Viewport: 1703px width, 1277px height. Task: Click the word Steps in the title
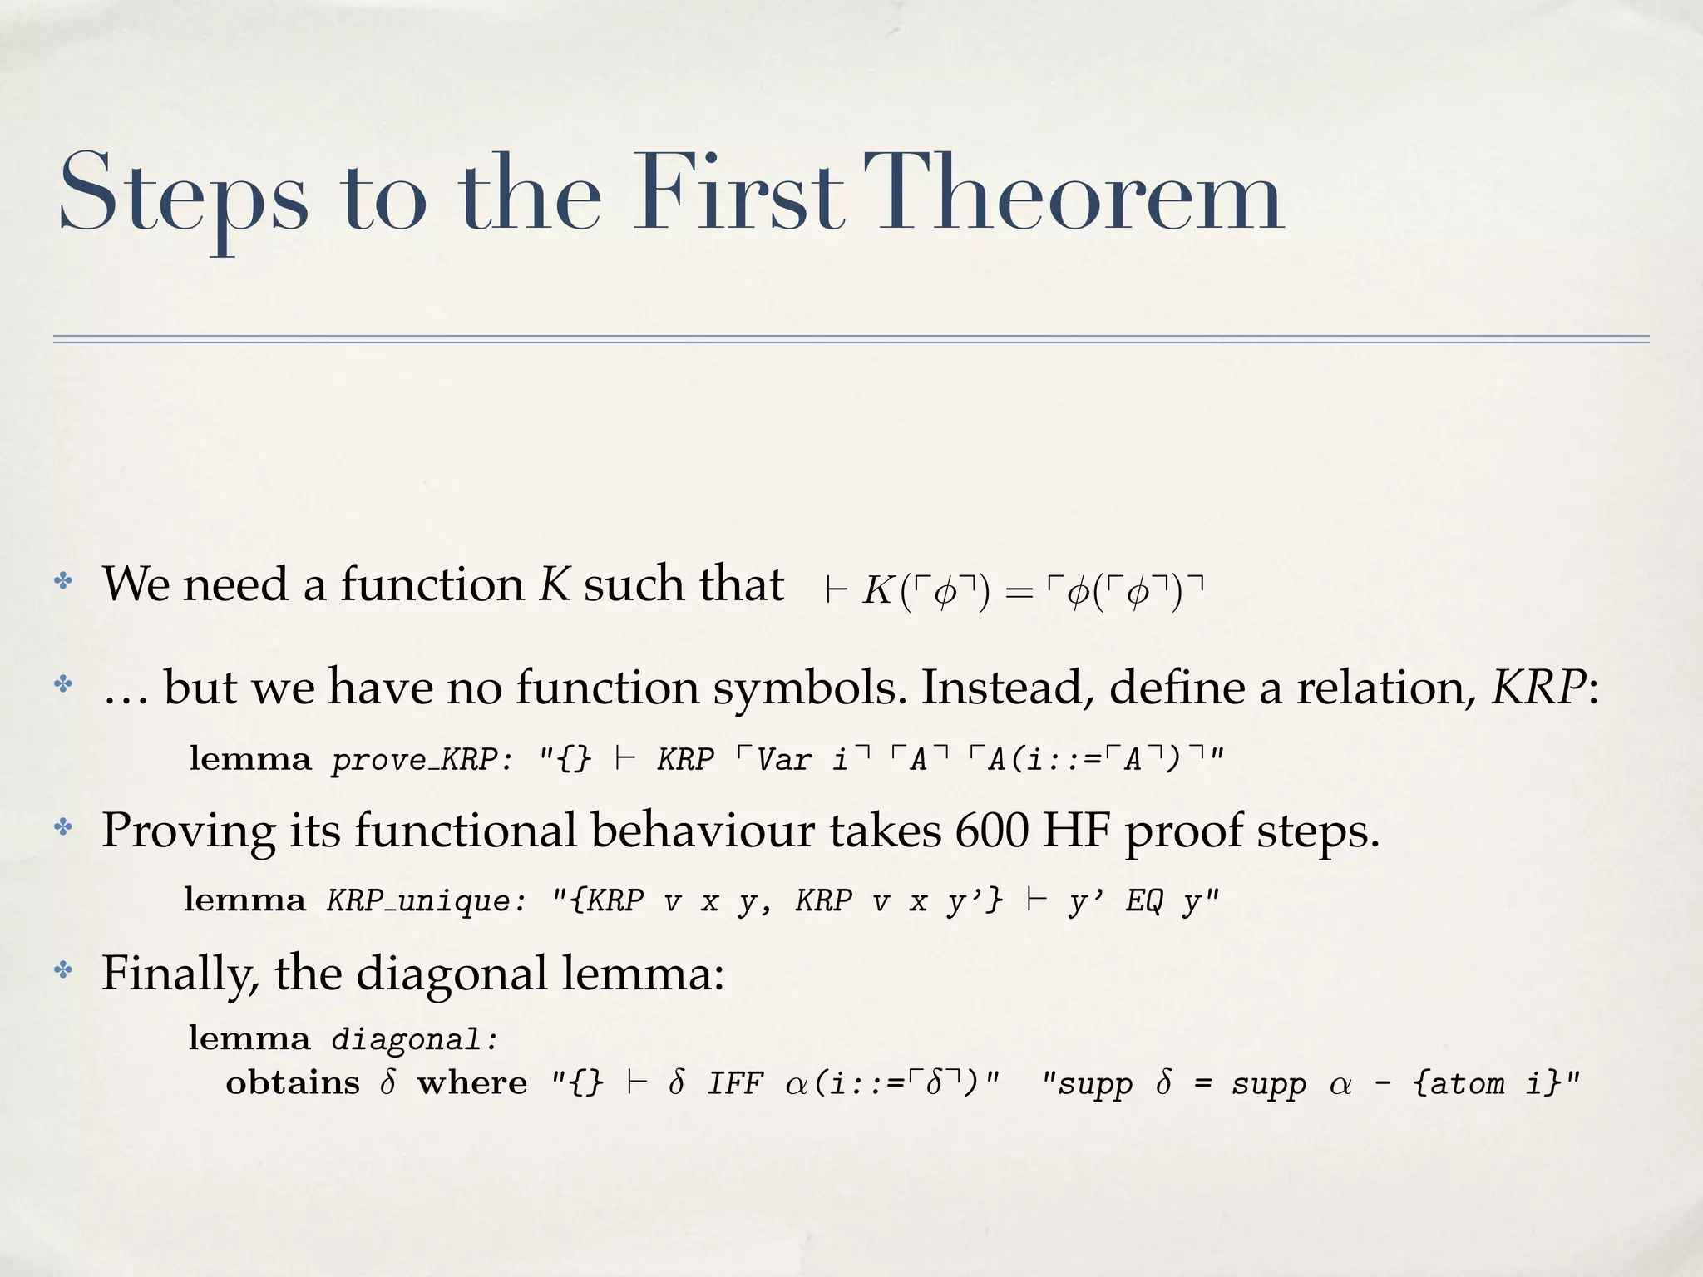click(x=184, y=195)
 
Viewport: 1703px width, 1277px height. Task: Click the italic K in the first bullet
click(x=554, y=584)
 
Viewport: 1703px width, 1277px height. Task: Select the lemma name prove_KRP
click(x=414, y=760)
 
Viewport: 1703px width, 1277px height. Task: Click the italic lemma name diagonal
click(x=414, y=1039)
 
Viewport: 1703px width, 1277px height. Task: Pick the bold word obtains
click(x=293, y=1083)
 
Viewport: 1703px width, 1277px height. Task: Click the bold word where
click(x=472, y=1083)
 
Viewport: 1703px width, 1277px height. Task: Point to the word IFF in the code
click(x=735, y=1084)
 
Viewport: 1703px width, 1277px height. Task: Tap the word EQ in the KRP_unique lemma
click(x=1144, y=901)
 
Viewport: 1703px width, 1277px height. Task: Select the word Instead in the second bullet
click(x=1007, y=688)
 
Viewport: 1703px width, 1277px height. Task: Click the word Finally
click(x=179, y=973)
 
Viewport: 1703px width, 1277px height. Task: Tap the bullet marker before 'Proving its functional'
click(x=63, y=827)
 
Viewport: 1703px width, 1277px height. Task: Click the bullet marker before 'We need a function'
click(x=63, y=581)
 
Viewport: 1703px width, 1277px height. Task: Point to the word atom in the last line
click(x=1469, y=1084)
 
